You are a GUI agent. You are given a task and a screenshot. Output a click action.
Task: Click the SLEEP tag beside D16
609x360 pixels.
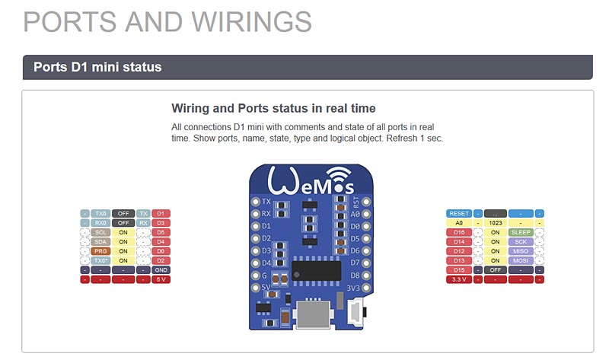[521, 232]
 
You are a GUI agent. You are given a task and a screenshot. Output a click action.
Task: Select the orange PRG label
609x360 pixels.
[100, 250]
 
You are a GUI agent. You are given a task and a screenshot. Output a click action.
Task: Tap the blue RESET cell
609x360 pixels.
[459, 214]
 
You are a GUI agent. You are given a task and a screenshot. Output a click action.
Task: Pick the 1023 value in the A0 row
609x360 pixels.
[496, 223]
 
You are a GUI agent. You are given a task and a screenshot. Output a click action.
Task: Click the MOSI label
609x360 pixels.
[521, 260]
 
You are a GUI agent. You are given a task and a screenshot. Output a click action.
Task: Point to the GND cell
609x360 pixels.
[161, 269]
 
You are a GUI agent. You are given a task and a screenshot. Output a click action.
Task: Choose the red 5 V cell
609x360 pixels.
[161, 279]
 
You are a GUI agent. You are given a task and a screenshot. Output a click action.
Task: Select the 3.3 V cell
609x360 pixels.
[459, 279]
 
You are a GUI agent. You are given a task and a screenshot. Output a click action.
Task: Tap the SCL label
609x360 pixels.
[100, 232]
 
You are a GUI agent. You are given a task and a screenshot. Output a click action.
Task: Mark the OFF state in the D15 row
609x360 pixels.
[496, 269]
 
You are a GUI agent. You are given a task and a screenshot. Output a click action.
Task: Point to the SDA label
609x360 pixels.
[100, 241]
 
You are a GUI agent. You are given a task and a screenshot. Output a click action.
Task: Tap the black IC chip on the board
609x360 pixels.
[316, 270]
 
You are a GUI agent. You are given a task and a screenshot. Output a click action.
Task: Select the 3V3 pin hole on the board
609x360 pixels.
[366, 287]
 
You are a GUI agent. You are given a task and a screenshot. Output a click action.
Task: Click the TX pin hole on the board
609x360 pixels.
[256, 202]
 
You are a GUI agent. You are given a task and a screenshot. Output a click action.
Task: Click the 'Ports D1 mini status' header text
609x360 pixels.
[97, 67]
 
